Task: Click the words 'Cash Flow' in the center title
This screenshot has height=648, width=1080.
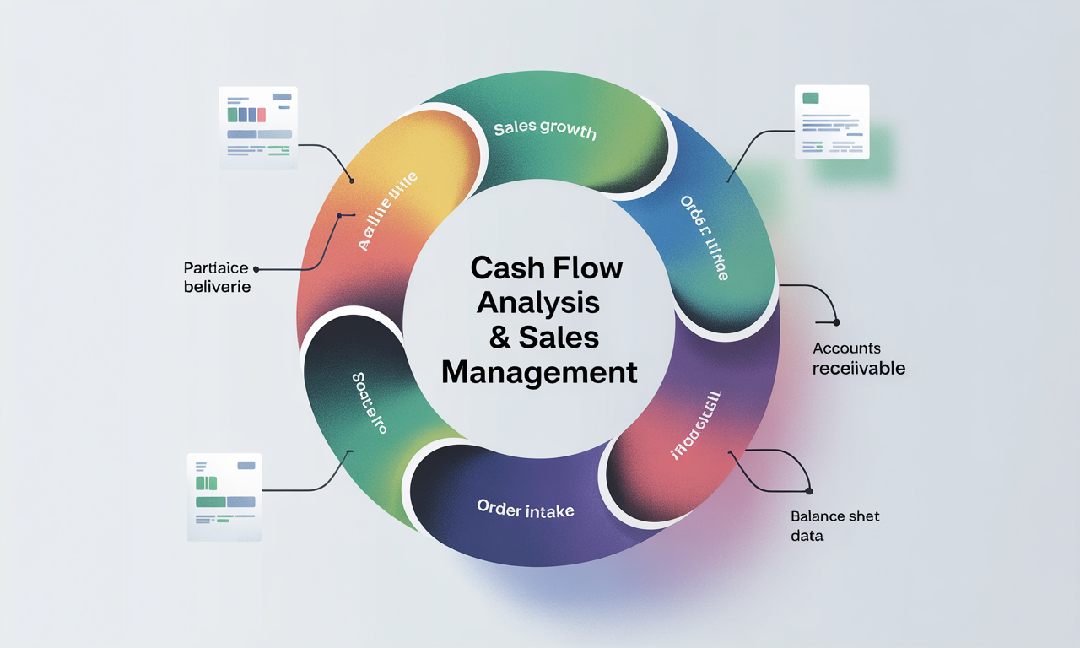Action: tap(547, 268)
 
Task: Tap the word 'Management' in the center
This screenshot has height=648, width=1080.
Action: tap(539, 371)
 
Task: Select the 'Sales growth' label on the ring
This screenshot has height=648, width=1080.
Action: tap(544, 130)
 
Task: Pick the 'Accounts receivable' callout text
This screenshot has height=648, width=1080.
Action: tap(858, 359)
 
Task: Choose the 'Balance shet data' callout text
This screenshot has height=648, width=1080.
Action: tap(834, 525)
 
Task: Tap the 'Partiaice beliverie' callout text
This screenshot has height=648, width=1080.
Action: tap(217, 277)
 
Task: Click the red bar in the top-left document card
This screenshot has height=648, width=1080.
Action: tap(262, 115)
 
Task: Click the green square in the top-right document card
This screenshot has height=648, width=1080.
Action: tap(811, 99)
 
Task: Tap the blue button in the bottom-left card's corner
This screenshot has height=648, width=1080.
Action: tap(246, 465)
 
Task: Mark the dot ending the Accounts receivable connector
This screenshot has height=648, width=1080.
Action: tap(836, 322)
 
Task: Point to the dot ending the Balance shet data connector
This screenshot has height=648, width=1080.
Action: tap(808, 491)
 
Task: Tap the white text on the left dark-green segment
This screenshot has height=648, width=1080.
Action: tap(366, 402)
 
